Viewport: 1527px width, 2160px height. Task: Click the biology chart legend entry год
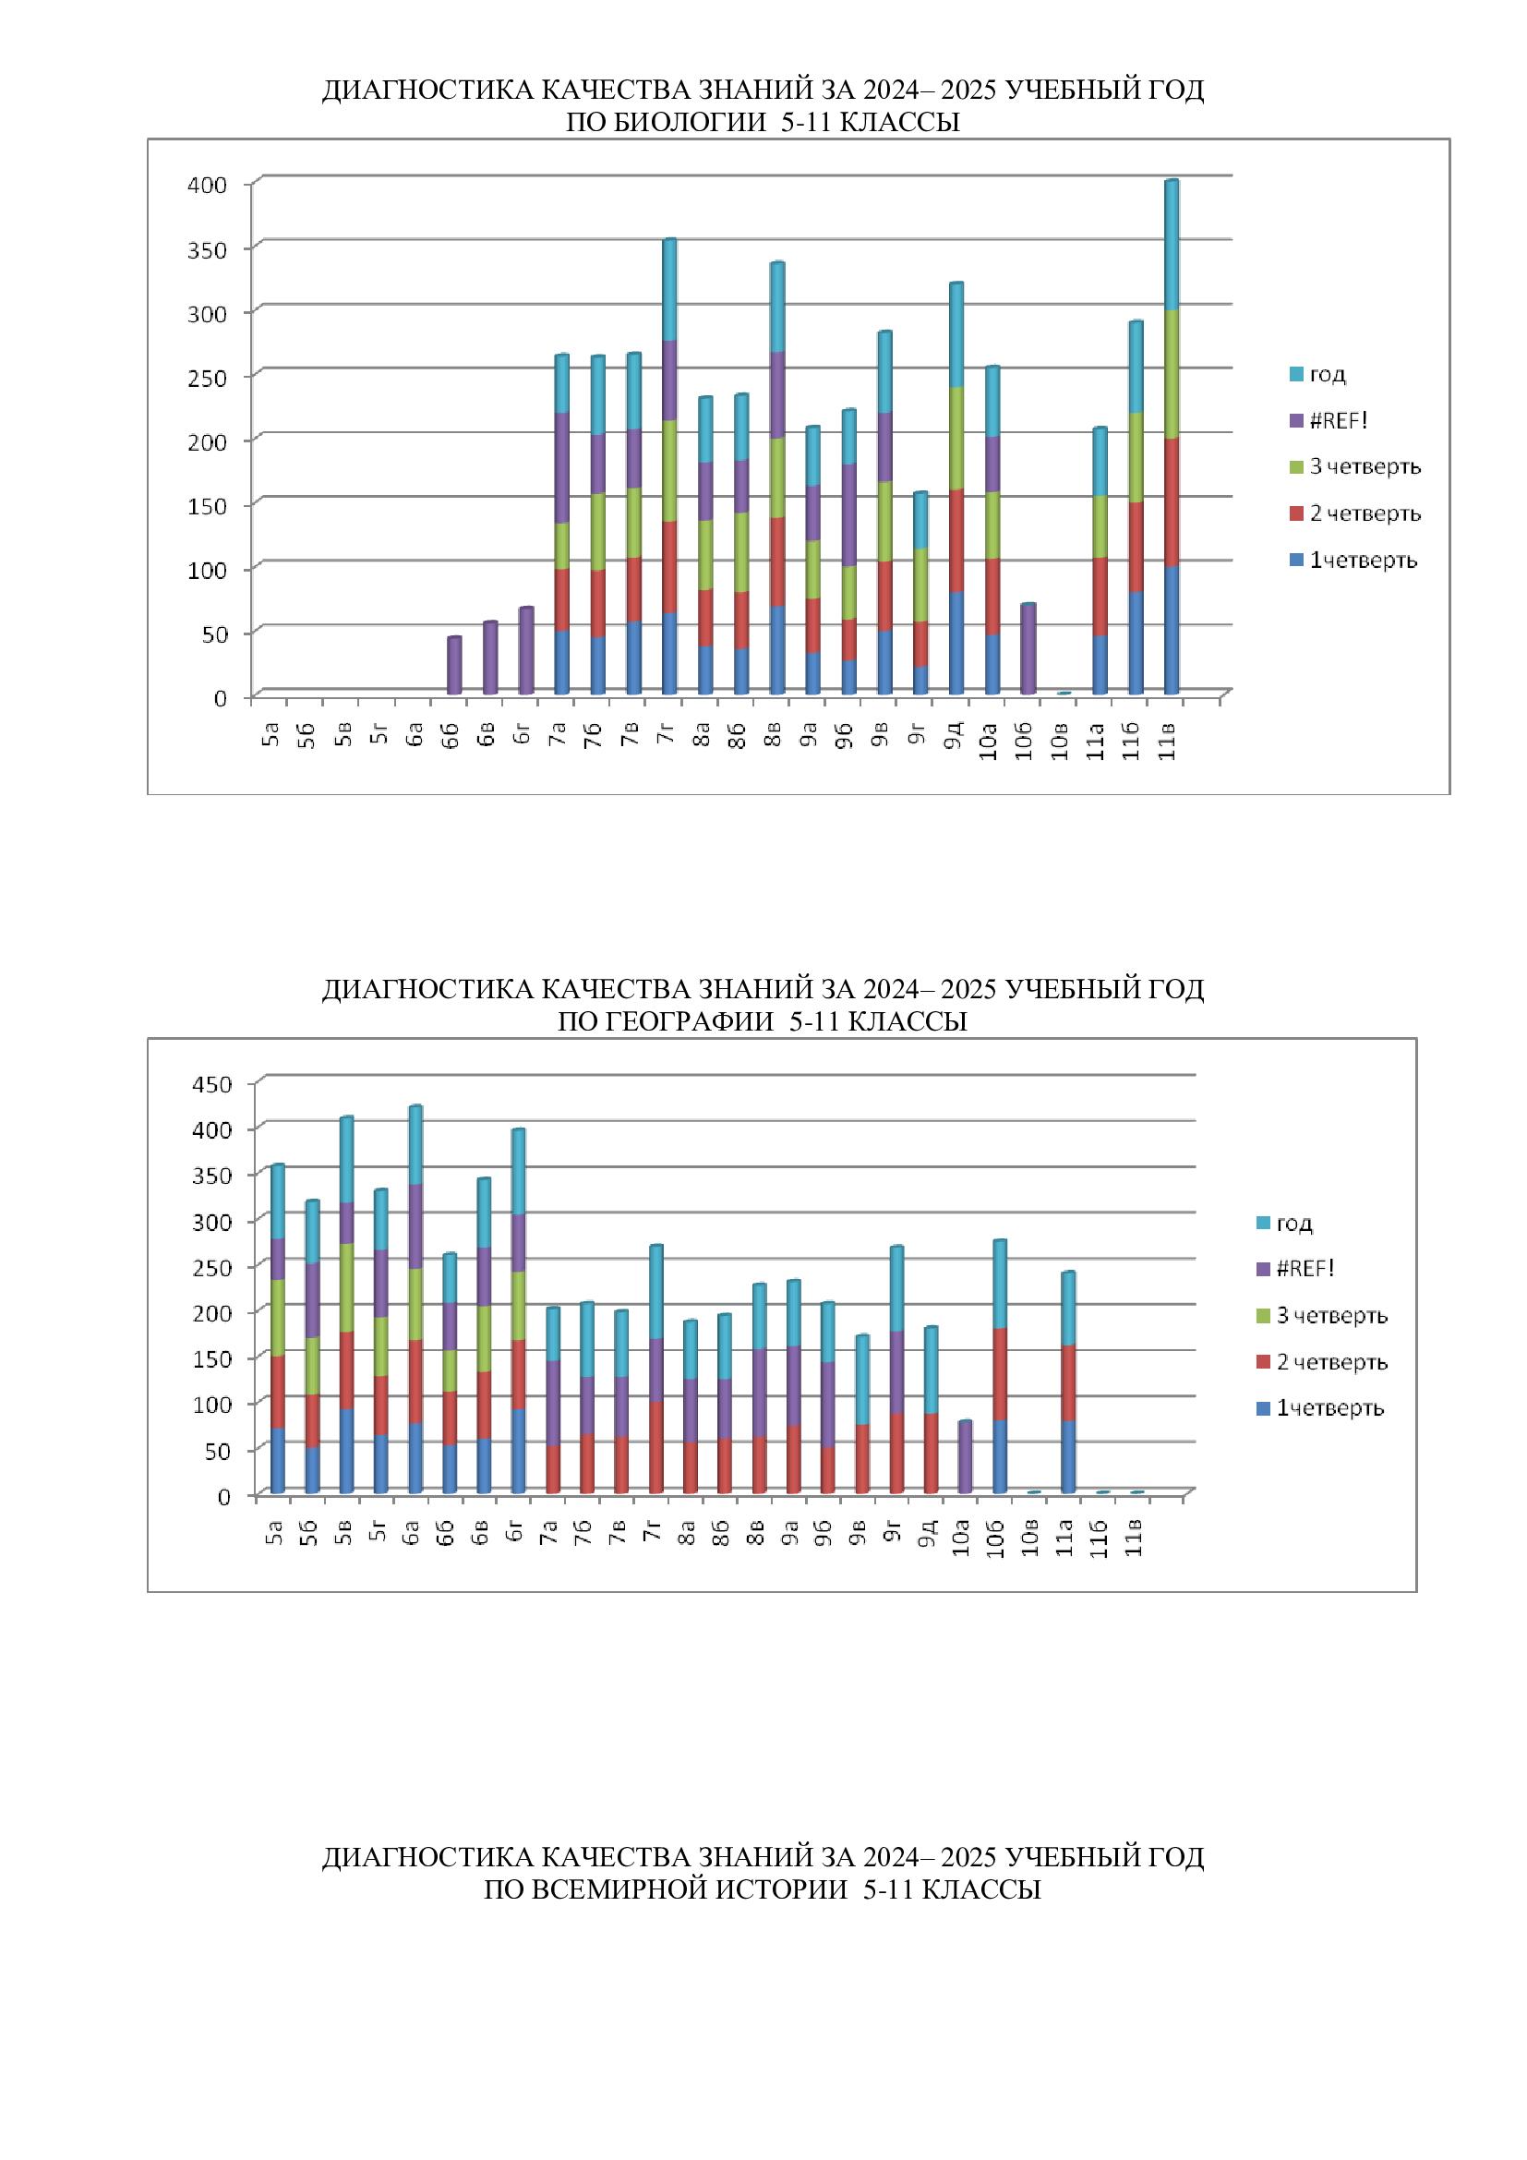(1327, 374)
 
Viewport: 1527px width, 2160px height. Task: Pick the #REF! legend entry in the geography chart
(1305, 1268)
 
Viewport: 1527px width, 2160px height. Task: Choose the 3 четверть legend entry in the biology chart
(1365, 466)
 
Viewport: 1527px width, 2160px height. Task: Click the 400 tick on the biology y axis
(208, 185)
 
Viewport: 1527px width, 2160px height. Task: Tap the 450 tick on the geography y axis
(211, 1084)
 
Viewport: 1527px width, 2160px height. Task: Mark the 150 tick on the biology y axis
(208, 505)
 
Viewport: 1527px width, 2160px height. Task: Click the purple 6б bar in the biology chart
(454, 666)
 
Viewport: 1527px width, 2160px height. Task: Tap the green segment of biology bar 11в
(1171, 374)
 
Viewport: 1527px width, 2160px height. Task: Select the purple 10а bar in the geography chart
(964, 1457)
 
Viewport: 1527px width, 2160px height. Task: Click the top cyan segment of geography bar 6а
(415, 1145)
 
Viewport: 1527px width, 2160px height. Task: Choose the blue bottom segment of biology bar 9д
(956, 644)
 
